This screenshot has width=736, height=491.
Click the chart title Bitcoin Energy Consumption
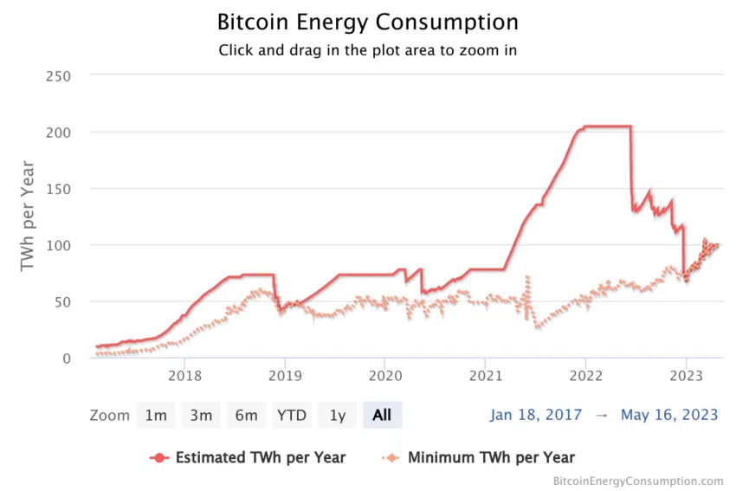[x=367, y=22]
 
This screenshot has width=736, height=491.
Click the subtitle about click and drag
[x=367, y=49]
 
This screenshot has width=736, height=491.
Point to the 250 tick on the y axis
[x=57, y=76]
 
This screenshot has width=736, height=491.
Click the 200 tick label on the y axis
[x=57, y=132]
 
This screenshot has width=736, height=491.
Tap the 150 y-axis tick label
[x=57, y=189]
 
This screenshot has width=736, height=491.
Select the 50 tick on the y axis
[x=61, y=302]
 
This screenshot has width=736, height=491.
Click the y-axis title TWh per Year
[x=28, y=215]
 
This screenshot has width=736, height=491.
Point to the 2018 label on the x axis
[x=184, y=376]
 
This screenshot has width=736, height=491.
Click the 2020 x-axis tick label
[x=385, y=376]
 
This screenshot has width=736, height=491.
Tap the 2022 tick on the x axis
[x=585, y=376]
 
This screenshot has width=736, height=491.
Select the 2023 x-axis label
[x=686, y=376]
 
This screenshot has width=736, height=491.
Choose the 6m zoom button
[x=246, y=416]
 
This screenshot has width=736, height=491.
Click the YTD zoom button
[x=292, y=416]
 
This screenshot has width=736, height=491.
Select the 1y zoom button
[x=338, y=416]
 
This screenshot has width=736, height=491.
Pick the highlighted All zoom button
[x=382, y=416]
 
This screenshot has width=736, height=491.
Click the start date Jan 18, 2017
[x=536, y=415]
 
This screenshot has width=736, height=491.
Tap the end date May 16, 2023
[x=669, y=415]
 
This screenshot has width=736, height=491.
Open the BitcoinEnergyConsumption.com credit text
[x=638, y=481]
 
